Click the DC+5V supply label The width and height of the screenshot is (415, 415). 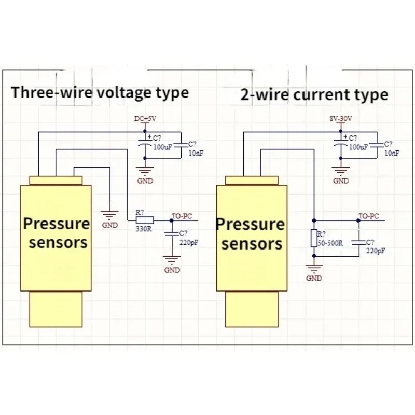(x=145, y=119)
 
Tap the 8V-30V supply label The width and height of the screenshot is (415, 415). (x=341, y=119)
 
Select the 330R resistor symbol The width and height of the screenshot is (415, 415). (x=145, y=220)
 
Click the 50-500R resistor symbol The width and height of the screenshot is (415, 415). (x=314, y=238)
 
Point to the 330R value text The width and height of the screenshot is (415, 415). (x=144, y=229)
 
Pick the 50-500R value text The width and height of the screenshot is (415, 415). (x=330, y=243)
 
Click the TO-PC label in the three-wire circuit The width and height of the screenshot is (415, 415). (x=182, y=216)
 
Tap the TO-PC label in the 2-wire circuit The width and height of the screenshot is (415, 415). (x=369, y=216)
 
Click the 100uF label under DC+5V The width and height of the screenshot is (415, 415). (x=163, y=147)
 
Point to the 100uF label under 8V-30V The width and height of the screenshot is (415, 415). (x=358, y=147)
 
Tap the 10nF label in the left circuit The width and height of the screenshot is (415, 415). (x=196, y=153)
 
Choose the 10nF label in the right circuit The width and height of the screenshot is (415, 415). (x=392, y=153)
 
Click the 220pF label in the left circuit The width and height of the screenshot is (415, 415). (x=189, y=243)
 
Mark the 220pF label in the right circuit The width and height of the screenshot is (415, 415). (x=376, y=251)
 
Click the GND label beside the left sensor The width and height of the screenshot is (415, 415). (x=110, y=225)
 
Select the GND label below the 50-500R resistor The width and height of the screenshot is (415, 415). (x=314, y=278)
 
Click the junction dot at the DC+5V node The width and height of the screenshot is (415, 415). (x=145, y=131)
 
